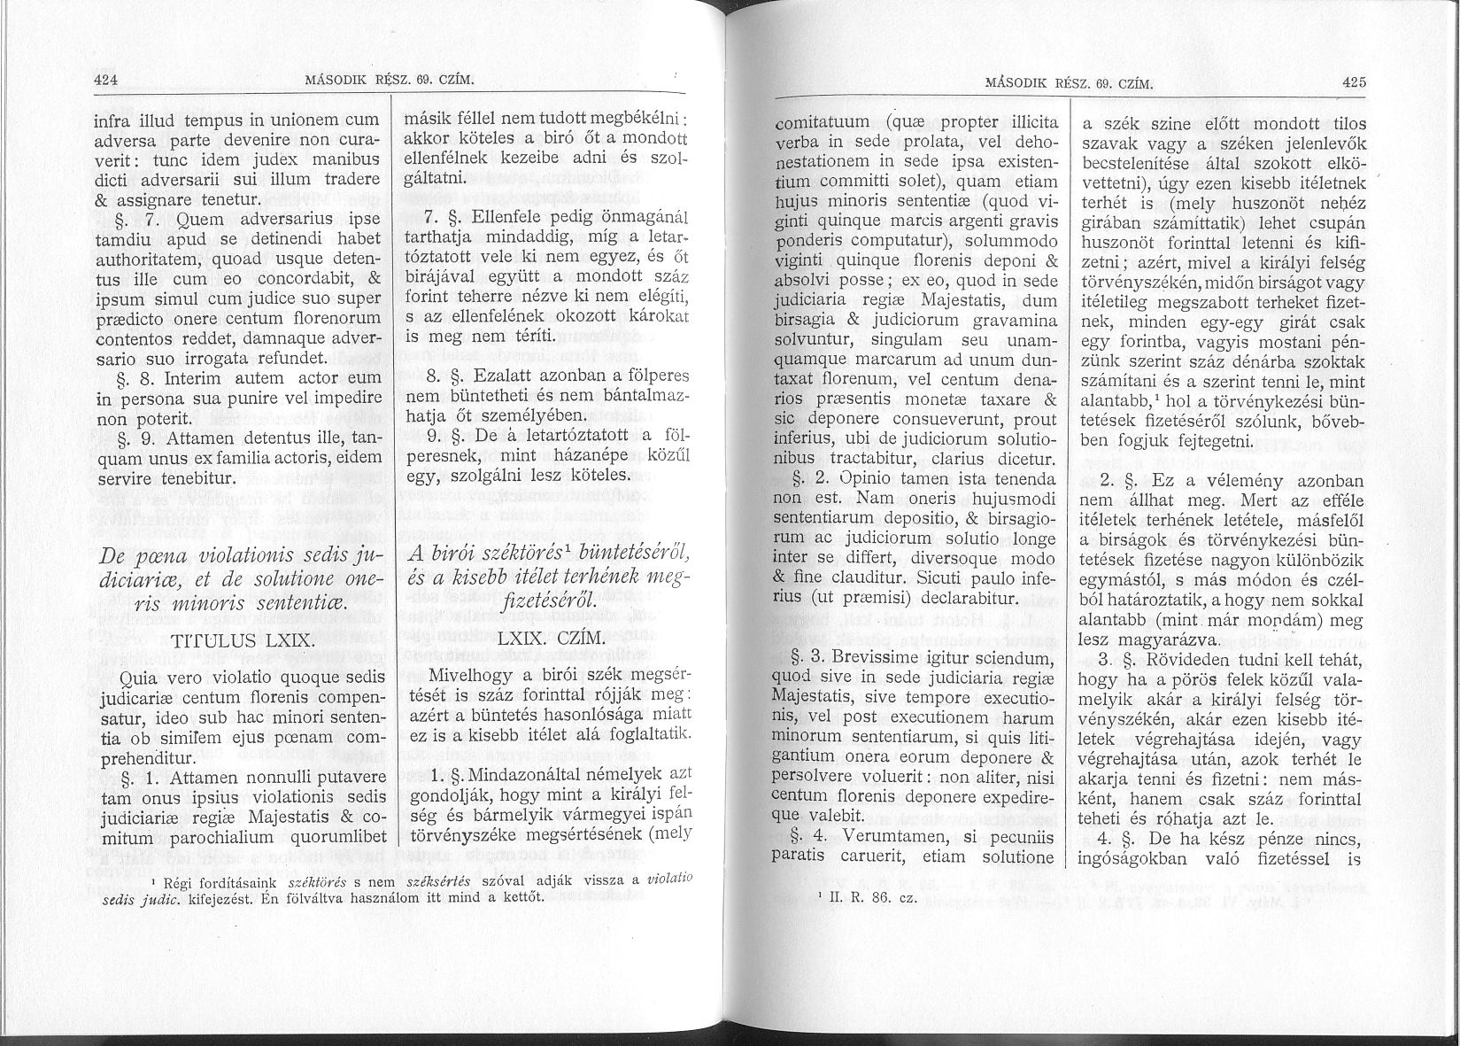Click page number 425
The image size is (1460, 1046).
[1355, 83]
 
